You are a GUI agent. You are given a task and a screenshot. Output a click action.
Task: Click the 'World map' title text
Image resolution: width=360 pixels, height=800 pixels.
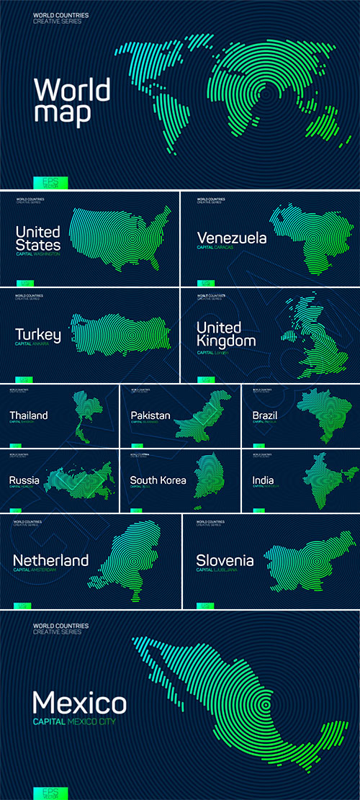click(x=72, y=101)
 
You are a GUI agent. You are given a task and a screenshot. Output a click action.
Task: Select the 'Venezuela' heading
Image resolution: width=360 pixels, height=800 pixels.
click(x=232, y=238)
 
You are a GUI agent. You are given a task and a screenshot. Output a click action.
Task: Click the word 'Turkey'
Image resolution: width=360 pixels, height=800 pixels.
click(x=38, y=335)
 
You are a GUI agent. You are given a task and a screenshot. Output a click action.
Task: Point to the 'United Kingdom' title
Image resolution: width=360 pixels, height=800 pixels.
click(x=226, y=334)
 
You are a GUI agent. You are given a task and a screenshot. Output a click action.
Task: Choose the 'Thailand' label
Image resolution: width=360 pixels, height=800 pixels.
click(x=29, y=415)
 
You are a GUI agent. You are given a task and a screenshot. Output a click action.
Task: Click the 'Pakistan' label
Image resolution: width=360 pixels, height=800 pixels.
click(x=150, y=415)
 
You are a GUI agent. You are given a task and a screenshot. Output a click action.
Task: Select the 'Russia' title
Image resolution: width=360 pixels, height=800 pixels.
click(x=24, y=480)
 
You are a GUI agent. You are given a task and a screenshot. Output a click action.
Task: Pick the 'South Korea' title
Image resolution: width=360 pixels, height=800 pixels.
click(x=158, y=480)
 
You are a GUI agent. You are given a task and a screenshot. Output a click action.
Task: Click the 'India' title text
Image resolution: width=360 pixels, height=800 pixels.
click(x=264, y=480)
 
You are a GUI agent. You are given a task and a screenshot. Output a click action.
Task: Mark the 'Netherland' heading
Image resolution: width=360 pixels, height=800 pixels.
click(x=51, y=560)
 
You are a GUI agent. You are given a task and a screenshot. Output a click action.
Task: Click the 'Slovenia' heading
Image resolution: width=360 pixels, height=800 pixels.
click(x=225, y=560)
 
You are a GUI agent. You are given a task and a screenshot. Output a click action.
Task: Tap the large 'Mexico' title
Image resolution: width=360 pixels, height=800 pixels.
click(x=80, y=702)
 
